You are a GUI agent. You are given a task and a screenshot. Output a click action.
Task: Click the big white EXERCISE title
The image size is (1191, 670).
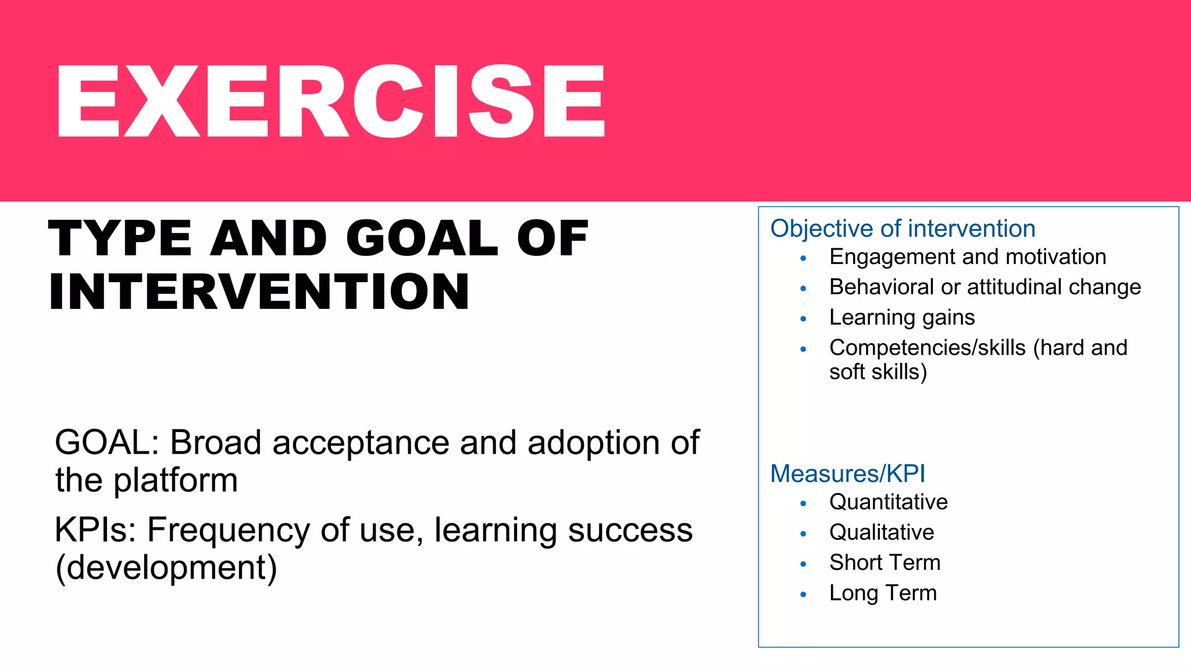pyautogui.click(x=330, y=102)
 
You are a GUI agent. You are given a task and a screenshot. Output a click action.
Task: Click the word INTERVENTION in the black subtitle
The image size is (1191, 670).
pyautogui.click(x=259, y=293)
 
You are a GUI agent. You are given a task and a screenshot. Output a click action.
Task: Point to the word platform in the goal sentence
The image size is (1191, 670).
pyautogui.click(x=176, y=481)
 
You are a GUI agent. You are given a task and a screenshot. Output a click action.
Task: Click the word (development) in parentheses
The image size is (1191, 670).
pyautogui.click(x=166, y=568)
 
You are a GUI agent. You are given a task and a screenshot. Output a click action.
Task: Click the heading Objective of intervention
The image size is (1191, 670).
pyautogui.click(x=903, y=229)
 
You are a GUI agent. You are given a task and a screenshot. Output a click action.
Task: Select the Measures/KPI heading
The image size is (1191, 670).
pyautogui.click(x=847, y=474)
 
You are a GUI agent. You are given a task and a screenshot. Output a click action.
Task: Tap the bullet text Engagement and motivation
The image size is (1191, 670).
pyautogui.click(x=967, y=257)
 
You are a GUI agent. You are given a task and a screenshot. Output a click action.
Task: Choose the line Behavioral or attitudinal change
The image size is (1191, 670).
pyautogui.click(x=985, y=287)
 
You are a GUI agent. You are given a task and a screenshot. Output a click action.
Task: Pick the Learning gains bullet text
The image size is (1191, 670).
pyautogui.click(x=901, y=318)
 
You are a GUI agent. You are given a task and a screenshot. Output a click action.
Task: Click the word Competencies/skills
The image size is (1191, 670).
pyautogui.click(x=927, y=348)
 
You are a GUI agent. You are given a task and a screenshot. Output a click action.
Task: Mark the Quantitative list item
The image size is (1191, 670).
pyautogui.click(x=888, y=502)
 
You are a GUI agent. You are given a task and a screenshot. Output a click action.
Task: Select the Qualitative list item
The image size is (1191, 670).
pyautogui.click(x=881, y=533)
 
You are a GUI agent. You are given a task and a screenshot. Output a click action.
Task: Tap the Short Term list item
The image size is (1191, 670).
pyautogui.click(x=884, y=563)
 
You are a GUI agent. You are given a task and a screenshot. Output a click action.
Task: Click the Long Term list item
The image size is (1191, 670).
pyautogui.click(x=882, y=593)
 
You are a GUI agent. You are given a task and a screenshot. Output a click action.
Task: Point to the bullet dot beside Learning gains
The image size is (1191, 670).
pyautogui.click(x=803, y=319)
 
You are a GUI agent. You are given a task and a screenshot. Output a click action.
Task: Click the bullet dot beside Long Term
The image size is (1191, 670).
pyautogui.click(x=803, y=594)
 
